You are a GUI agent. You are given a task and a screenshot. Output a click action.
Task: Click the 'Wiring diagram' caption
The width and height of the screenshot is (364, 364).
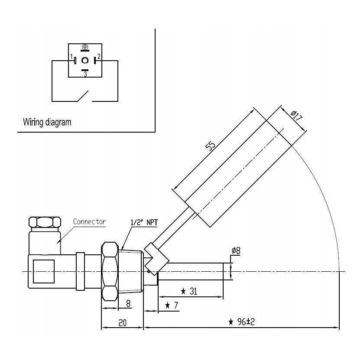pos(47,122)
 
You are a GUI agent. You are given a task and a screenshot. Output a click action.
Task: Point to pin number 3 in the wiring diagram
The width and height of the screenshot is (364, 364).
pos(85,75)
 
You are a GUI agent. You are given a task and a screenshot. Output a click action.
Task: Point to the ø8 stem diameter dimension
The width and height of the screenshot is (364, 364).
pos(236,250)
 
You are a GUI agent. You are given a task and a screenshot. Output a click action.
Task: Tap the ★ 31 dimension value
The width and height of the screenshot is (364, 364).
pos(189,292)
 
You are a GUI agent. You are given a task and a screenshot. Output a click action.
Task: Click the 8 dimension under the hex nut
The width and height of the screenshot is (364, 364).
pos(128,303)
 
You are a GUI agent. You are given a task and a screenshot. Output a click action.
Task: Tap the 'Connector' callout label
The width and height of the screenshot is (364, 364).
pos(89,221)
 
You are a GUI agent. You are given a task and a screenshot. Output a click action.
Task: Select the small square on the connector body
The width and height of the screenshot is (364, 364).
pos(44,271)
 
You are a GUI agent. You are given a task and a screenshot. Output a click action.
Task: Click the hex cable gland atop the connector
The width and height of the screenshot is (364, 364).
pos(45,223)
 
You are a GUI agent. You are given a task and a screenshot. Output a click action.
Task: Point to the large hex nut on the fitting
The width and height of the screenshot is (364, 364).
pos(109,271)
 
